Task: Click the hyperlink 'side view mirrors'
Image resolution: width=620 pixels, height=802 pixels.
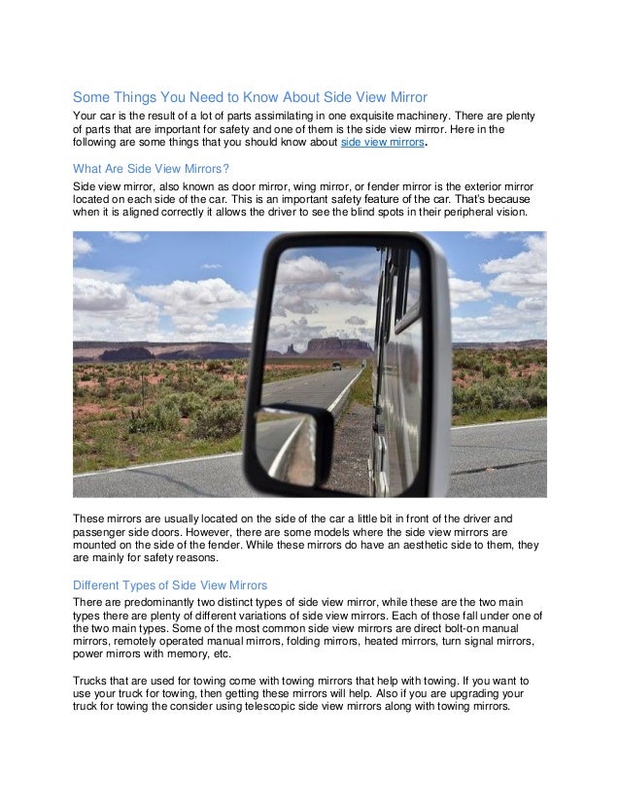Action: pos(383,143)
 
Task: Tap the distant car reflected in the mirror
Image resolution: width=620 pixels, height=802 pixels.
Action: pos(336,366)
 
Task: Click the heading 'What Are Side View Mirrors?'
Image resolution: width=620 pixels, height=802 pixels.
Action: pos(151,167)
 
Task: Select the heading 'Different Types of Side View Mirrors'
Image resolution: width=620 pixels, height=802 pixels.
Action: pos(170,585)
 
